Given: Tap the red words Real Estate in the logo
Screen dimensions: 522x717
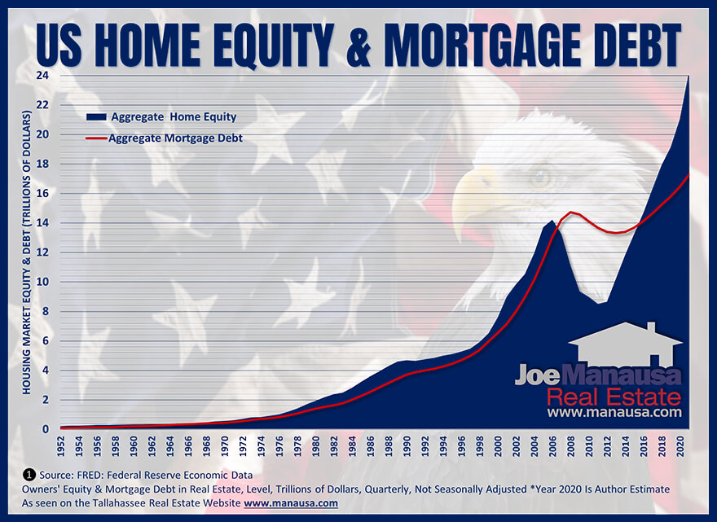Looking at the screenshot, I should pos(613,397).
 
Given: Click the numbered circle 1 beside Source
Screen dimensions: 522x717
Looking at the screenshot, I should pos(29,474).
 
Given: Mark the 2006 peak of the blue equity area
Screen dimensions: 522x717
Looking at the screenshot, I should pos(553,221).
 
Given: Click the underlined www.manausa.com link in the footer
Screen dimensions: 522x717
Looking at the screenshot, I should pos(290,503).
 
